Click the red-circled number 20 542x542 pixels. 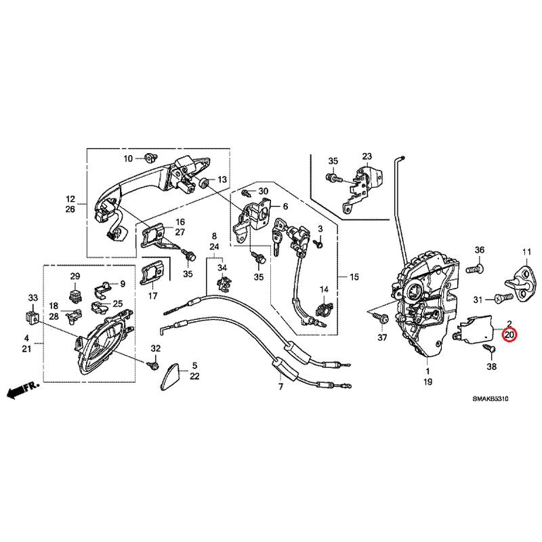(x=509, y=335)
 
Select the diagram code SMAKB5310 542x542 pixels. (x=491, y=398)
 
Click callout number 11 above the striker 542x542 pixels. (x=526, y=252)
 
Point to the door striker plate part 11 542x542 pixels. (x=522, y=283)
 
